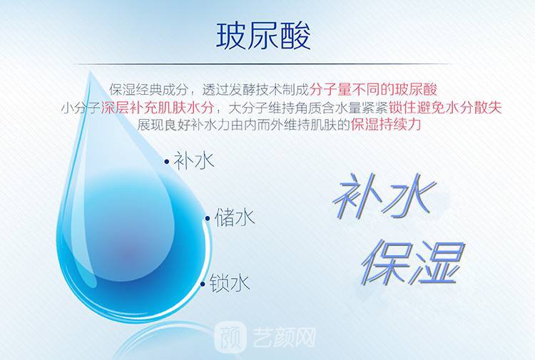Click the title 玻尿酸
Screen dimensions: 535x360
coord(263,36)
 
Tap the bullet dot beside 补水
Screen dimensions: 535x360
coord(166,162)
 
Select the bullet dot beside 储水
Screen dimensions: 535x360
coord(208,218)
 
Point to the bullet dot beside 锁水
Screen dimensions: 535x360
coord(203,284)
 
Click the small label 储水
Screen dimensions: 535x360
coord(235,217)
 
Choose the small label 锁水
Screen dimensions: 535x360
coord(230,283)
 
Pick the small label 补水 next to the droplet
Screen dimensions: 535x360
coord(194,160)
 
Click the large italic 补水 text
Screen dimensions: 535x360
coord(385,195)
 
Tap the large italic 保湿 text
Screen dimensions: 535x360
coord(413,262)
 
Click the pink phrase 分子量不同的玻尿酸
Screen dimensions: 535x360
coord(373,89)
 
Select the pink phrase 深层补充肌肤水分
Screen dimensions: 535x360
coord(158,108)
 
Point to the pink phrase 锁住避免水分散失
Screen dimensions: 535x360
coord(445,108)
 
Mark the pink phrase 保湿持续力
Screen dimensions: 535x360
coord(385,125)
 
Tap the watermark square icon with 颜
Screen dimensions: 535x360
coord(230,336)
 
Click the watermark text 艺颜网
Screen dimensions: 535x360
coord(284,336)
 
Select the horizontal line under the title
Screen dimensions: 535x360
coord(263,63)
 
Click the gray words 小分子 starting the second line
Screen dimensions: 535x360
coord(81,108)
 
